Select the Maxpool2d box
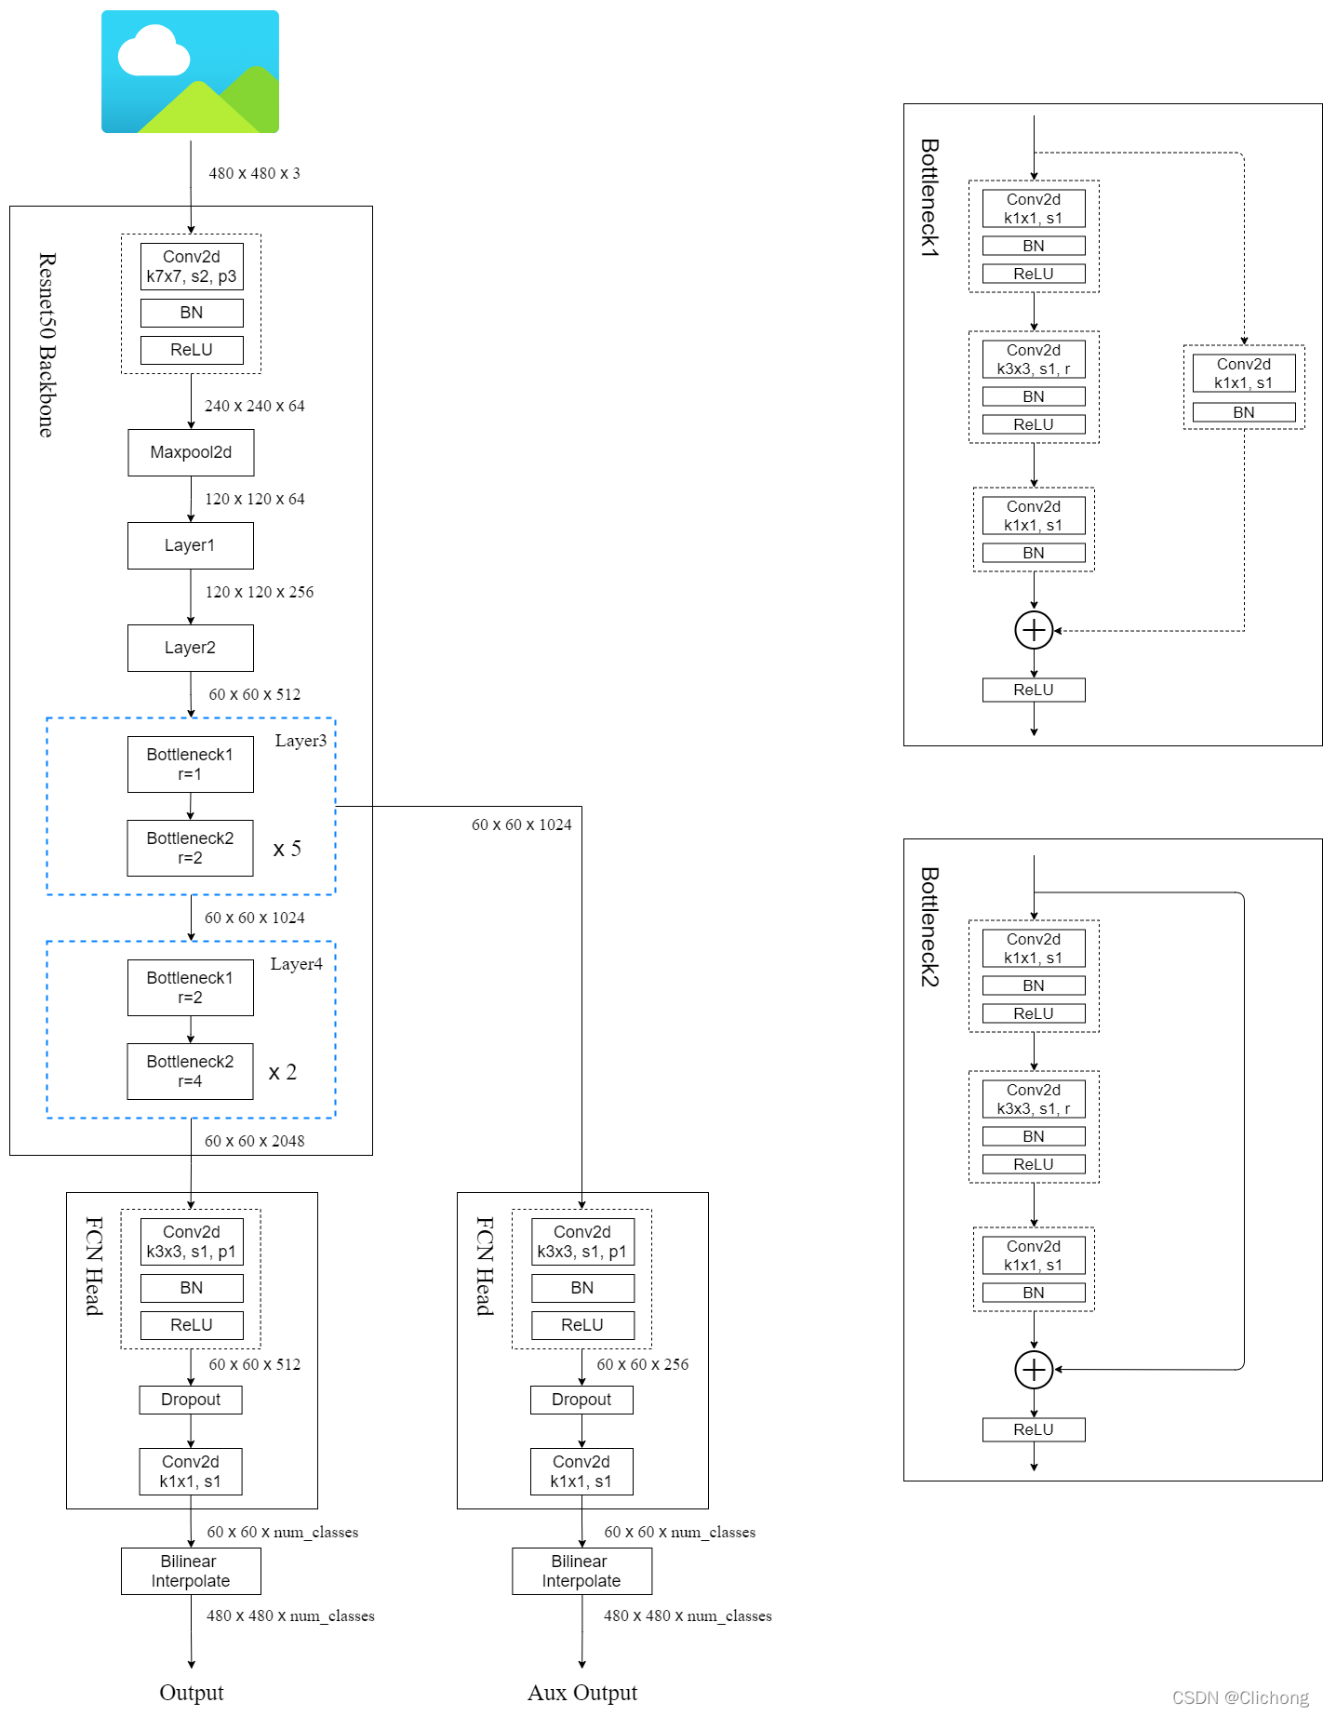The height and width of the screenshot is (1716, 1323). click(x=191, y=452)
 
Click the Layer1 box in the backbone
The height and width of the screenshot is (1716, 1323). click(x=190, y=545)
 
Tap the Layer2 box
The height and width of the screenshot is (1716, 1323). click(x=190, y=648)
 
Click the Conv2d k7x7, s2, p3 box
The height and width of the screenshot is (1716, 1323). click(x=192, y=266)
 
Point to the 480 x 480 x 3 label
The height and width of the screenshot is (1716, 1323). click(x=254, y=173)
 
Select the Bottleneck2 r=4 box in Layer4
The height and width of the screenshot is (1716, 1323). click(x=190, y=1071)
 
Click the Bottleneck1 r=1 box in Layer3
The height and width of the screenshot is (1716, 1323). click(x=190, y=764)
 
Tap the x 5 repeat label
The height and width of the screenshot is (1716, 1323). click(x=287, y=849)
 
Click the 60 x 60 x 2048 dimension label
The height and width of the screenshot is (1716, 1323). click(x=254, y=1141)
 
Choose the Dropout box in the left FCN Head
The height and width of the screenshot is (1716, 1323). click(x=191, y=1400)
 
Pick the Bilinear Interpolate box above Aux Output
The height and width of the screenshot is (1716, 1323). click(x=581, y=1571)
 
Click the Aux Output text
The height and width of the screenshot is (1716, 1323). click(x=582, y=1693)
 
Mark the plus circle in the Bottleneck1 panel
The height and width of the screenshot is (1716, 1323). click(x=1034, y=630)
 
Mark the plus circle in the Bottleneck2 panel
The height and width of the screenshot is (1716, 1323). click(x=1034, y=1370)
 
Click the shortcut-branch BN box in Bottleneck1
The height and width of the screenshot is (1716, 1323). click(x=1244, y=412)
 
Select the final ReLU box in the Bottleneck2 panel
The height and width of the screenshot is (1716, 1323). click(x=1034, y=1429)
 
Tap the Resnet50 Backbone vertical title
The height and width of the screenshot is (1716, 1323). click(x=47, y=344)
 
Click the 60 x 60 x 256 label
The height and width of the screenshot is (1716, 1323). click(x=643, y=1364)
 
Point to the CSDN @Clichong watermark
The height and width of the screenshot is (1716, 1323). click(x=1240, y=1697)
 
